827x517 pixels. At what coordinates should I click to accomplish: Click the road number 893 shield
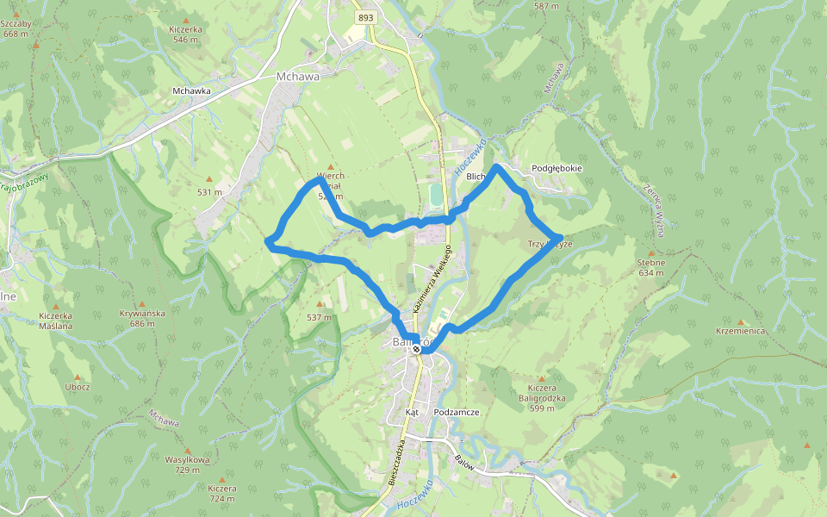[365, 17]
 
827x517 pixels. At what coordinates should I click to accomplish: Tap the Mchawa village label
[297, 76]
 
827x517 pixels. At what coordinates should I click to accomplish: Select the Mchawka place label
[191, 90]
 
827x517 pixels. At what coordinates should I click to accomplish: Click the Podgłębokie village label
[557, 169]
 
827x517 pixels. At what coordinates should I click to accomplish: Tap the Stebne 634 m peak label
[651, 267]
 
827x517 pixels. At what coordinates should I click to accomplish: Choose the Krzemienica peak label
[740, 331]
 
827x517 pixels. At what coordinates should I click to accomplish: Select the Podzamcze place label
[457, 413]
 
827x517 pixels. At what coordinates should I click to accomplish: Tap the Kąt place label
[412, 413]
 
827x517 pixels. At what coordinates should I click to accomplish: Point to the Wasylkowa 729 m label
[187, 464]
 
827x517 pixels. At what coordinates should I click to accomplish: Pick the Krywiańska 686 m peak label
[143, 318]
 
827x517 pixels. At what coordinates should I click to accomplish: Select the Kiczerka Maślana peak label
[56, 321]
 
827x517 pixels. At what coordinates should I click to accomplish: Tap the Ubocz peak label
[78, 387]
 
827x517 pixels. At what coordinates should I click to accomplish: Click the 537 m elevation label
[319, 317]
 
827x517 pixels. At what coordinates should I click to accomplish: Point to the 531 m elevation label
[209, 191]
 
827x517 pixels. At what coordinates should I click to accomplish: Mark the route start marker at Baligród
[416, 349]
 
